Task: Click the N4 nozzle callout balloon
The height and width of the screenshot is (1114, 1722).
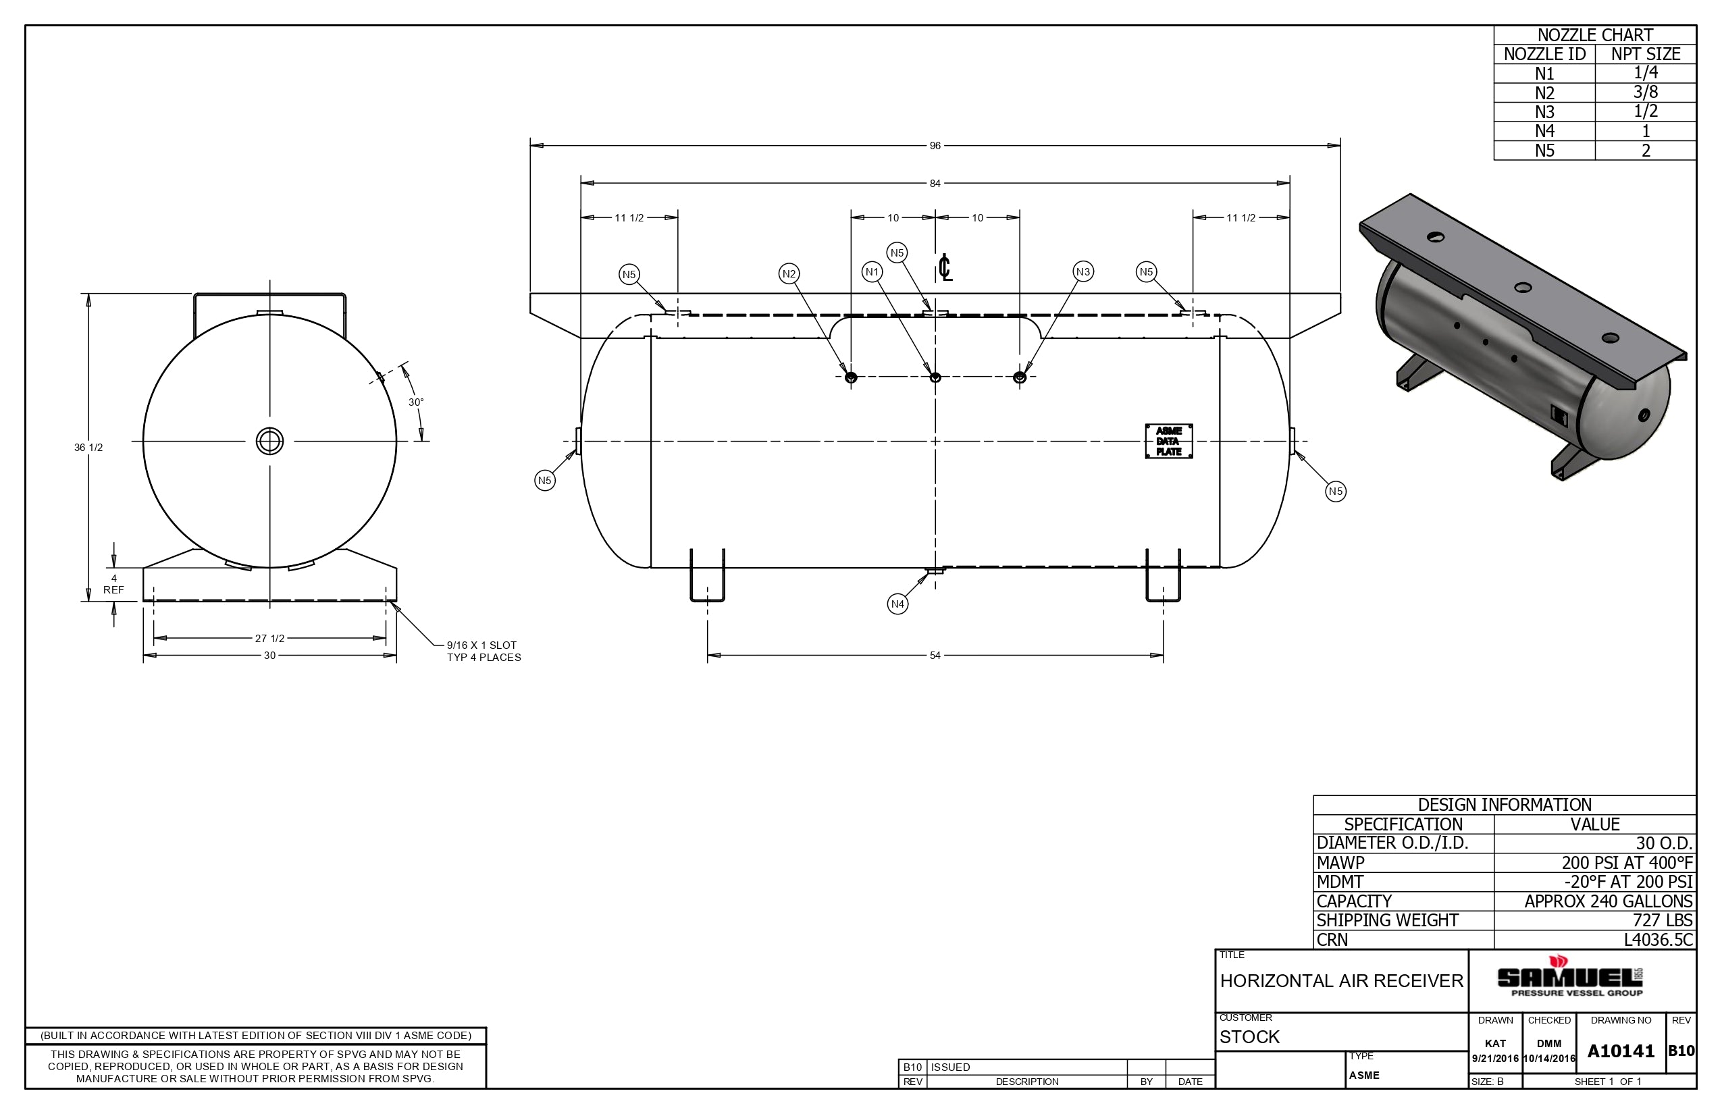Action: (x=897, y=604)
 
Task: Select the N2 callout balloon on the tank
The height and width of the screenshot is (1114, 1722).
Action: (x=789, y=273)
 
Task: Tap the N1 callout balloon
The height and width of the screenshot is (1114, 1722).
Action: (x=872, y=272)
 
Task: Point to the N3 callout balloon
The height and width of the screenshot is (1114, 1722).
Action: (x=1082, y=272)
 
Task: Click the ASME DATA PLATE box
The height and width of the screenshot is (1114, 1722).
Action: (x=1168, y=442)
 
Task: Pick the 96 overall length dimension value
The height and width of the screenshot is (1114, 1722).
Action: (x=935, y=146)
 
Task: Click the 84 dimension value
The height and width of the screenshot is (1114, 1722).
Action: (x=935, y=184)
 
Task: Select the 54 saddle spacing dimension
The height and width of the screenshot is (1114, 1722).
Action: (x=935, y=656)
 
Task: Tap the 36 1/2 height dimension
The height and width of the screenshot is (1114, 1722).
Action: (x=88, y=448)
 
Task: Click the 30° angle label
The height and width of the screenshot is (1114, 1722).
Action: (x=416, y=402)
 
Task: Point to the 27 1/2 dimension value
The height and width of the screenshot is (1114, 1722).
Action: (x=269, y=638)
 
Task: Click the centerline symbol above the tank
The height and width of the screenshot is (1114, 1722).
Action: (x=945, y=267)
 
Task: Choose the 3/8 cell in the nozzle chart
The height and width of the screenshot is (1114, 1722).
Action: (x=1645, y=92)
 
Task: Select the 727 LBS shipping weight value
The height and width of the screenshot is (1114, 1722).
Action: (x=1663, y=920)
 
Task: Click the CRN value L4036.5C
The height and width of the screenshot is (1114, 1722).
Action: (x=1659, y=940)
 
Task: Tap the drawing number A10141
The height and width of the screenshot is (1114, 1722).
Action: (x=1621, y=1051)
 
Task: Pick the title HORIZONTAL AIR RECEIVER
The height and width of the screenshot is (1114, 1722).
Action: (x=1341, y=981)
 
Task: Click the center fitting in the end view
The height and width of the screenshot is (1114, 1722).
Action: (x=270, y=442)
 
